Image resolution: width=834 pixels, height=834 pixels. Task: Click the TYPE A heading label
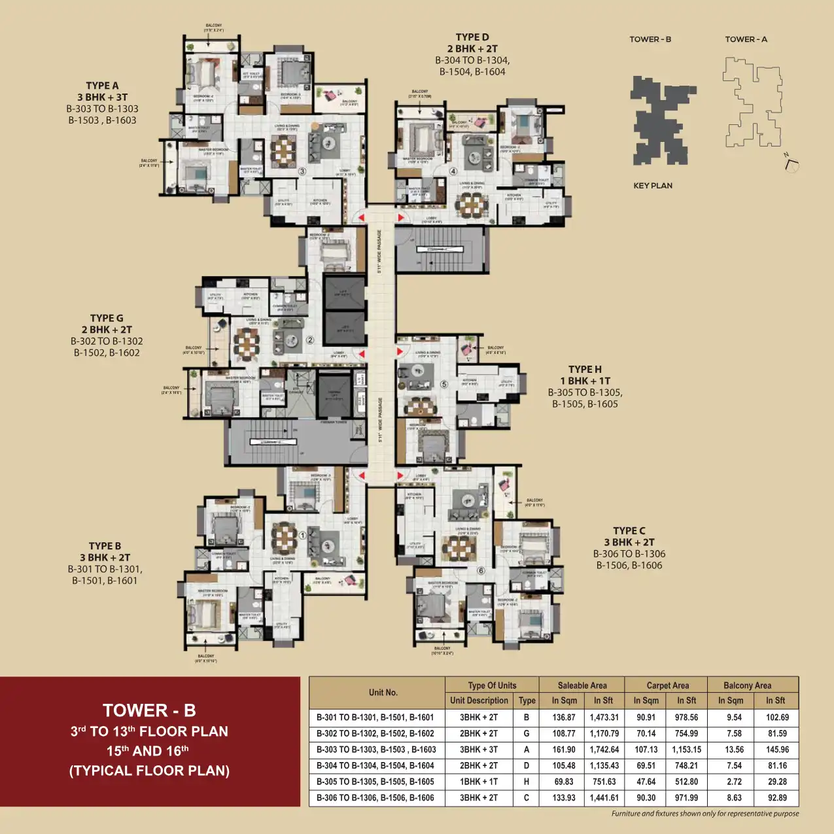click(102, 86)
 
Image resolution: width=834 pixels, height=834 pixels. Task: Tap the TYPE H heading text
click(585, 369)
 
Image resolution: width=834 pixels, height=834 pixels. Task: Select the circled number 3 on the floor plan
click(302, 172)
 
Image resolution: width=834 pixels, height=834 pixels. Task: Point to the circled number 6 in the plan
click(481, 570)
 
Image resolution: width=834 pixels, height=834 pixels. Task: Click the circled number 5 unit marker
click(444, 384)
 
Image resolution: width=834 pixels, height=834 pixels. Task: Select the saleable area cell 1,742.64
click(604, 750)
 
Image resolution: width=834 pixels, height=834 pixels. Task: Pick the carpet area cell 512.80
click(686, 782)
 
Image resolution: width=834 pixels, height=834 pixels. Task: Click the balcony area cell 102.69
click(777, 718)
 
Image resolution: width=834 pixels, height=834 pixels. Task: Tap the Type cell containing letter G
click(527, 734)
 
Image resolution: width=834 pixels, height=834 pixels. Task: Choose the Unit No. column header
click(383, 693)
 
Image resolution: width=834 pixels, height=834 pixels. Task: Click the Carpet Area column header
click(667, 686)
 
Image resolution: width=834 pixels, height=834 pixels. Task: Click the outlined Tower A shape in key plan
click(752, 101)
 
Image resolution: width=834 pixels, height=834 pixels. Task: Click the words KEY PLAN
click(652, 186)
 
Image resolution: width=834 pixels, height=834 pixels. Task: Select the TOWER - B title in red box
click(149, 710)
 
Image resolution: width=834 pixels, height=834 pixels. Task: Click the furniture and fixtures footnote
click(704, 814)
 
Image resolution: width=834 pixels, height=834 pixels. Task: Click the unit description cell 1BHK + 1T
click(479, 782)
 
